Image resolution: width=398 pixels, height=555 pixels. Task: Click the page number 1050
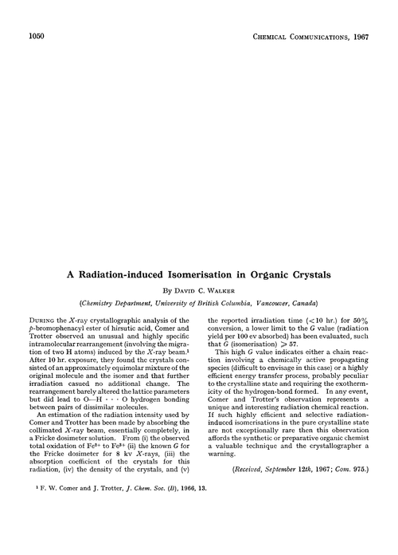pyautogui.click(x=37, y=35)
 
